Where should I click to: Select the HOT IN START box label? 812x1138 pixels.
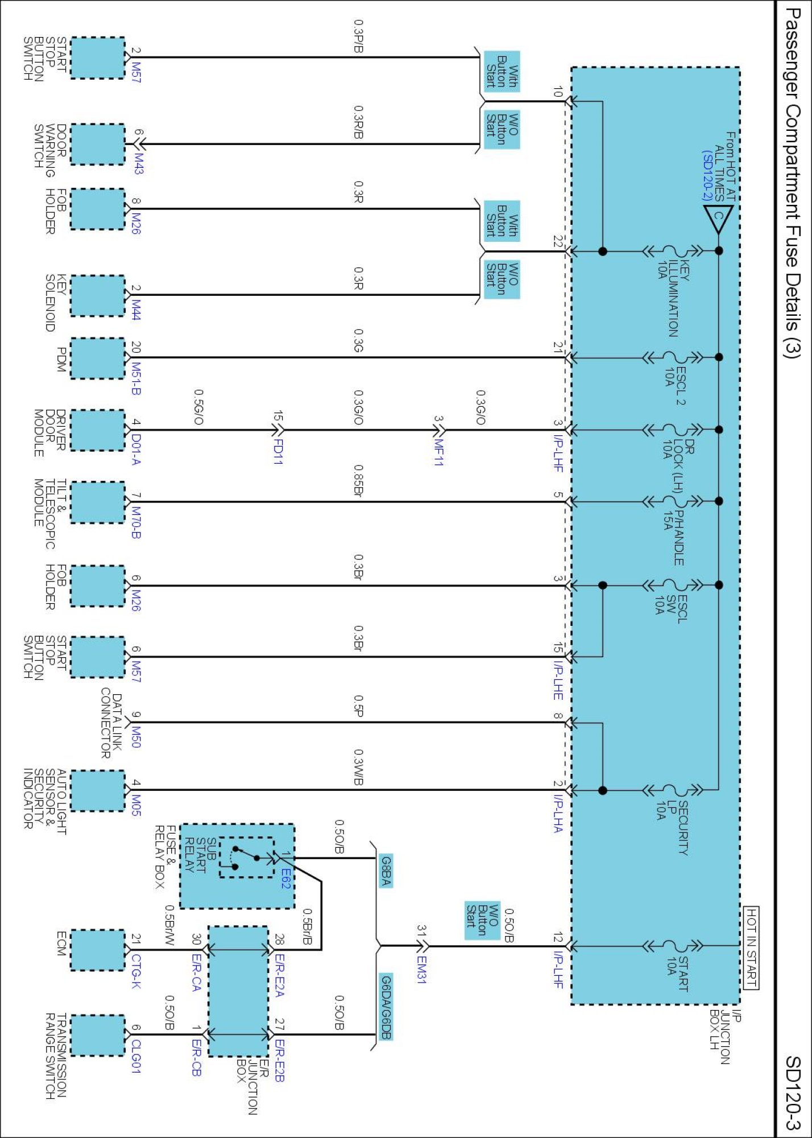(751, 948)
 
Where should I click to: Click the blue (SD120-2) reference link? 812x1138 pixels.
(707, 175)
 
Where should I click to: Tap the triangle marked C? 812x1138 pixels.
(718, 218)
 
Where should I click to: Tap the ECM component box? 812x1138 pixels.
(97, 950)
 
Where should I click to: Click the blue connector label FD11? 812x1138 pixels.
(278, 451)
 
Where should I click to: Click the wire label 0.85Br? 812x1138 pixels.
(358, 481)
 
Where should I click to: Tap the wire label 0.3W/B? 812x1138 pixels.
(358, 768)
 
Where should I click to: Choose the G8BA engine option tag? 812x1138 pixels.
(386, 871)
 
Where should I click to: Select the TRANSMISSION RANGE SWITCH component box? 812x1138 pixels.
(97, 1035)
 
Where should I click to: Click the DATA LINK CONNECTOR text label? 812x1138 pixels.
(111, 725)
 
